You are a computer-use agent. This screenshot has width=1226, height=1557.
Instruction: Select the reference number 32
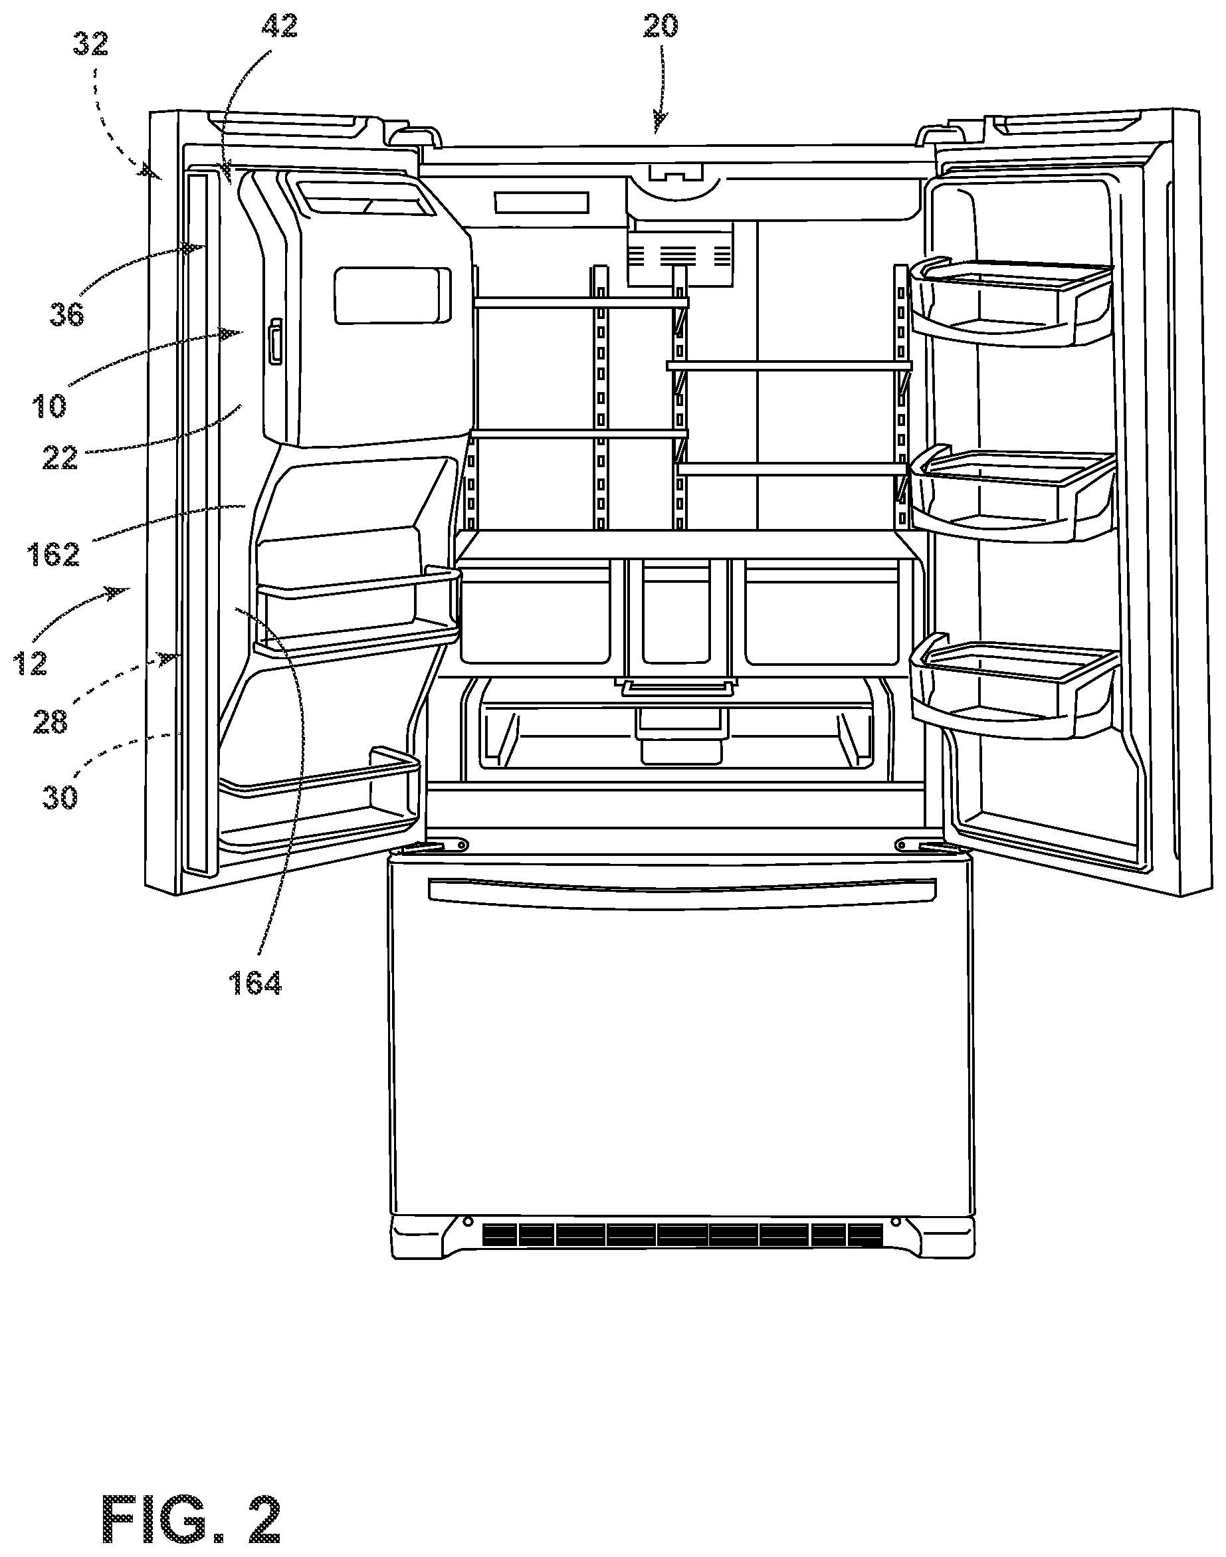90,45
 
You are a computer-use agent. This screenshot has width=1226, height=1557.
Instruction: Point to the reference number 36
66,314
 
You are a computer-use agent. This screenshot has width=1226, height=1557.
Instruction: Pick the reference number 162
53,554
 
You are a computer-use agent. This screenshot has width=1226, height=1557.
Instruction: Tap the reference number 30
60,797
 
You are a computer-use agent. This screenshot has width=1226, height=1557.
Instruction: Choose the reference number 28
51,721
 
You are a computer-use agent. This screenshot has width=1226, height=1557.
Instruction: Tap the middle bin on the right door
1012,495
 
